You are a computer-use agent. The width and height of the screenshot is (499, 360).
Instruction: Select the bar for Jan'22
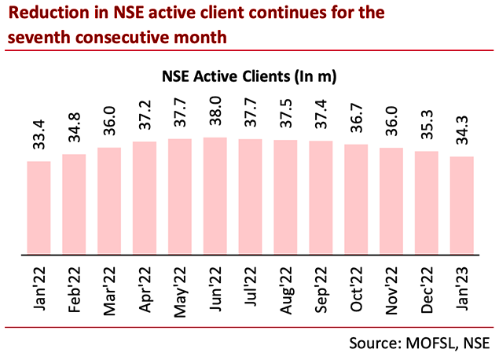[39, 208]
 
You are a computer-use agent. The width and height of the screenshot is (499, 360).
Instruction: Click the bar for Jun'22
[215, 197]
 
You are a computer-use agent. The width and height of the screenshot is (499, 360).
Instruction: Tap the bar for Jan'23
[461, 206]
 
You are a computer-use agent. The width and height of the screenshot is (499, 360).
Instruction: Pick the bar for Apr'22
[144, 198]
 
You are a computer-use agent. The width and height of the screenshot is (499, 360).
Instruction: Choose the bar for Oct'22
[355, 200]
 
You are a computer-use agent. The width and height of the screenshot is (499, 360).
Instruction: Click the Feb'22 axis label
[75, 288]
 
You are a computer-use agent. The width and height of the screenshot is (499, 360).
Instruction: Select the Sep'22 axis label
[321, 288]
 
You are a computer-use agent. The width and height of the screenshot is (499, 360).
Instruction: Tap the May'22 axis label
[181, 288]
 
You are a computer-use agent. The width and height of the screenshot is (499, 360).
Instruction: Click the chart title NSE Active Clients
[250, 77]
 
